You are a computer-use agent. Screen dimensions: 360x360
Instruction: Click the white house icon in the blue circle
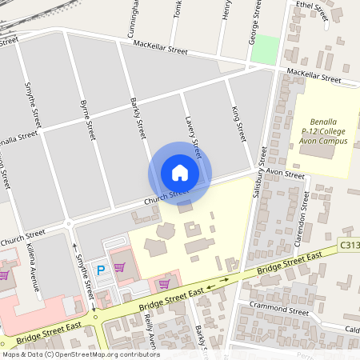(x=179, y=172)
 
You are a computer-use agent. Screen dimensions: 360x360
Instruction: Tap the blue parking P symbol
(x=101, y=270)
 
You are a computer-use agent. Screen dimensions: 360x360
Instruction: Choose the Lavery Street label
(x=193, y=134)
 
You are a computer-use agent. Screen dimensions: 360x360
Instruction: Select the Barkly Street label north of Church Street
(x=138, y=118)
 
